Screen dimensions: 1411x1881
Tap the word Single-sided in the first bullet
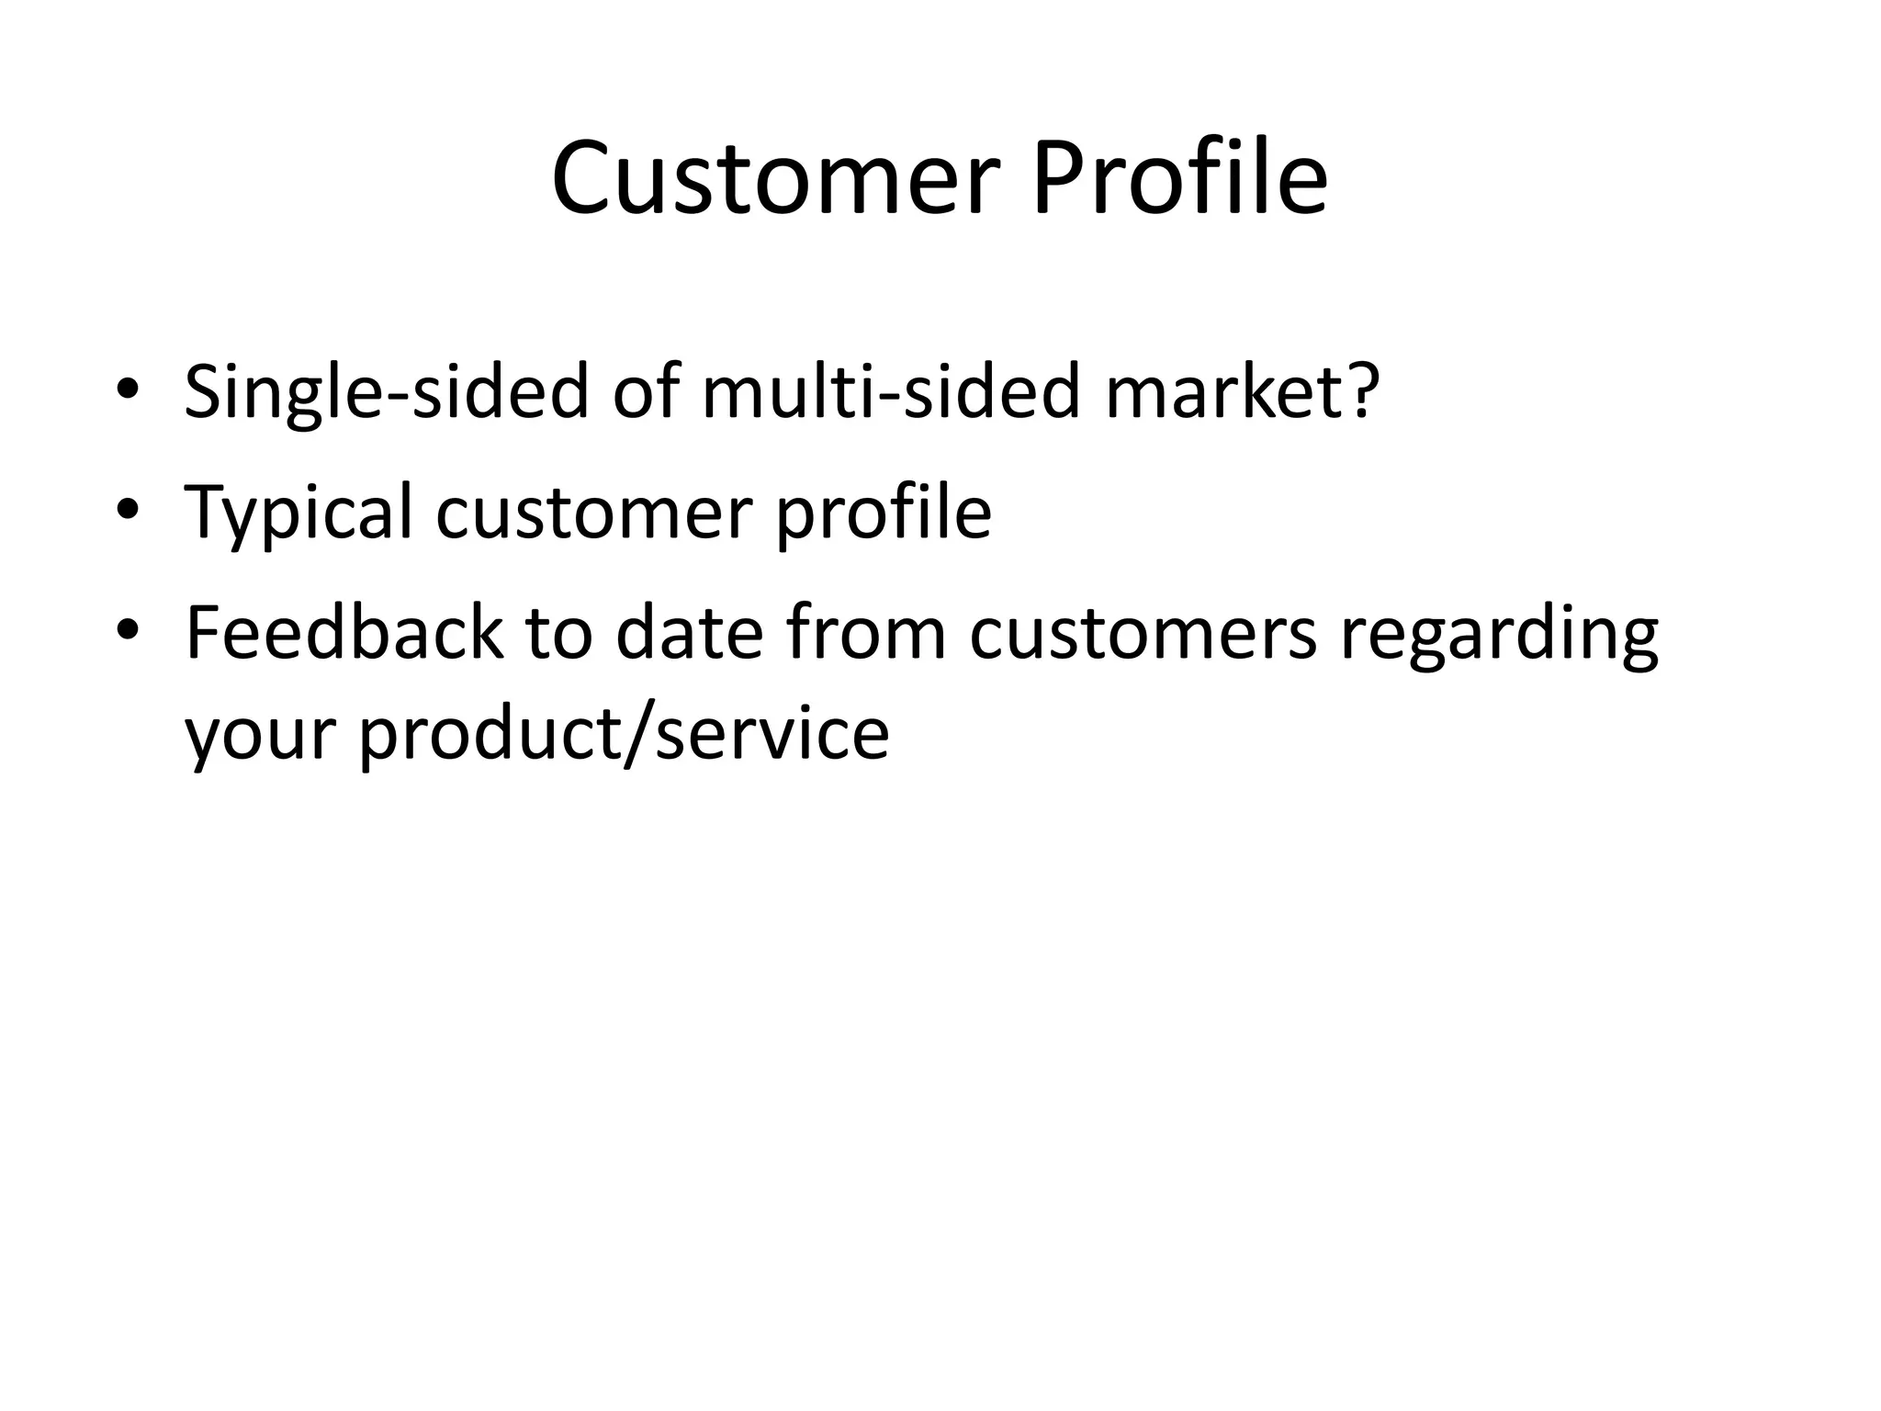point(386,392)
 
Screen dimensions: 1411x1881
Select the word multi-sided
point(891,392)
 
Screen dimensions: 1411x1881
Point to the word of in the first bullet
point(645,392)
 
